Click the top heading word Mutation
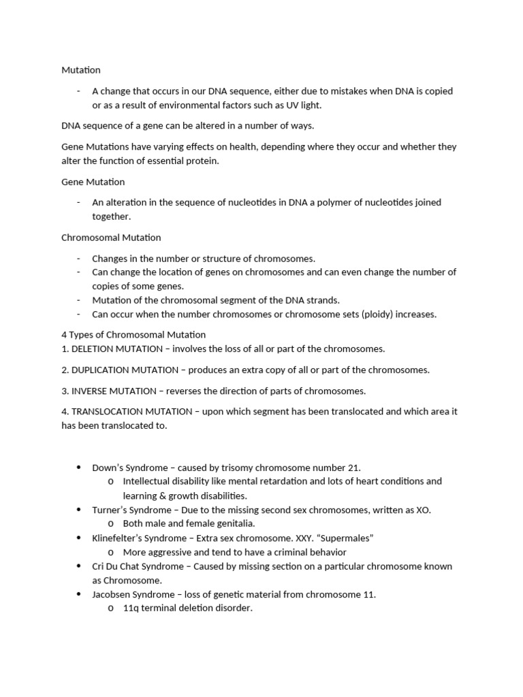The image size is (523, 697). [80, 70]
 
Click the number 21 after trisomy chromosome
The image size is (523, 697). [353, 468]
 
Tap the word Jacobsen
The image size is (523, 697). [111, 594]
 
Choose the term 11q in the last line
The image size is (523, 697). [131, 608]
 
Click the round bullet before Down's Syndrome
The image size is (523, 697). [79, 468]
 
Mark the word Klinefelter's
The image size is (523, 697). [120, 538]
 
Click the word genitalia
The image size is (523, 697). [233, 523]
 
